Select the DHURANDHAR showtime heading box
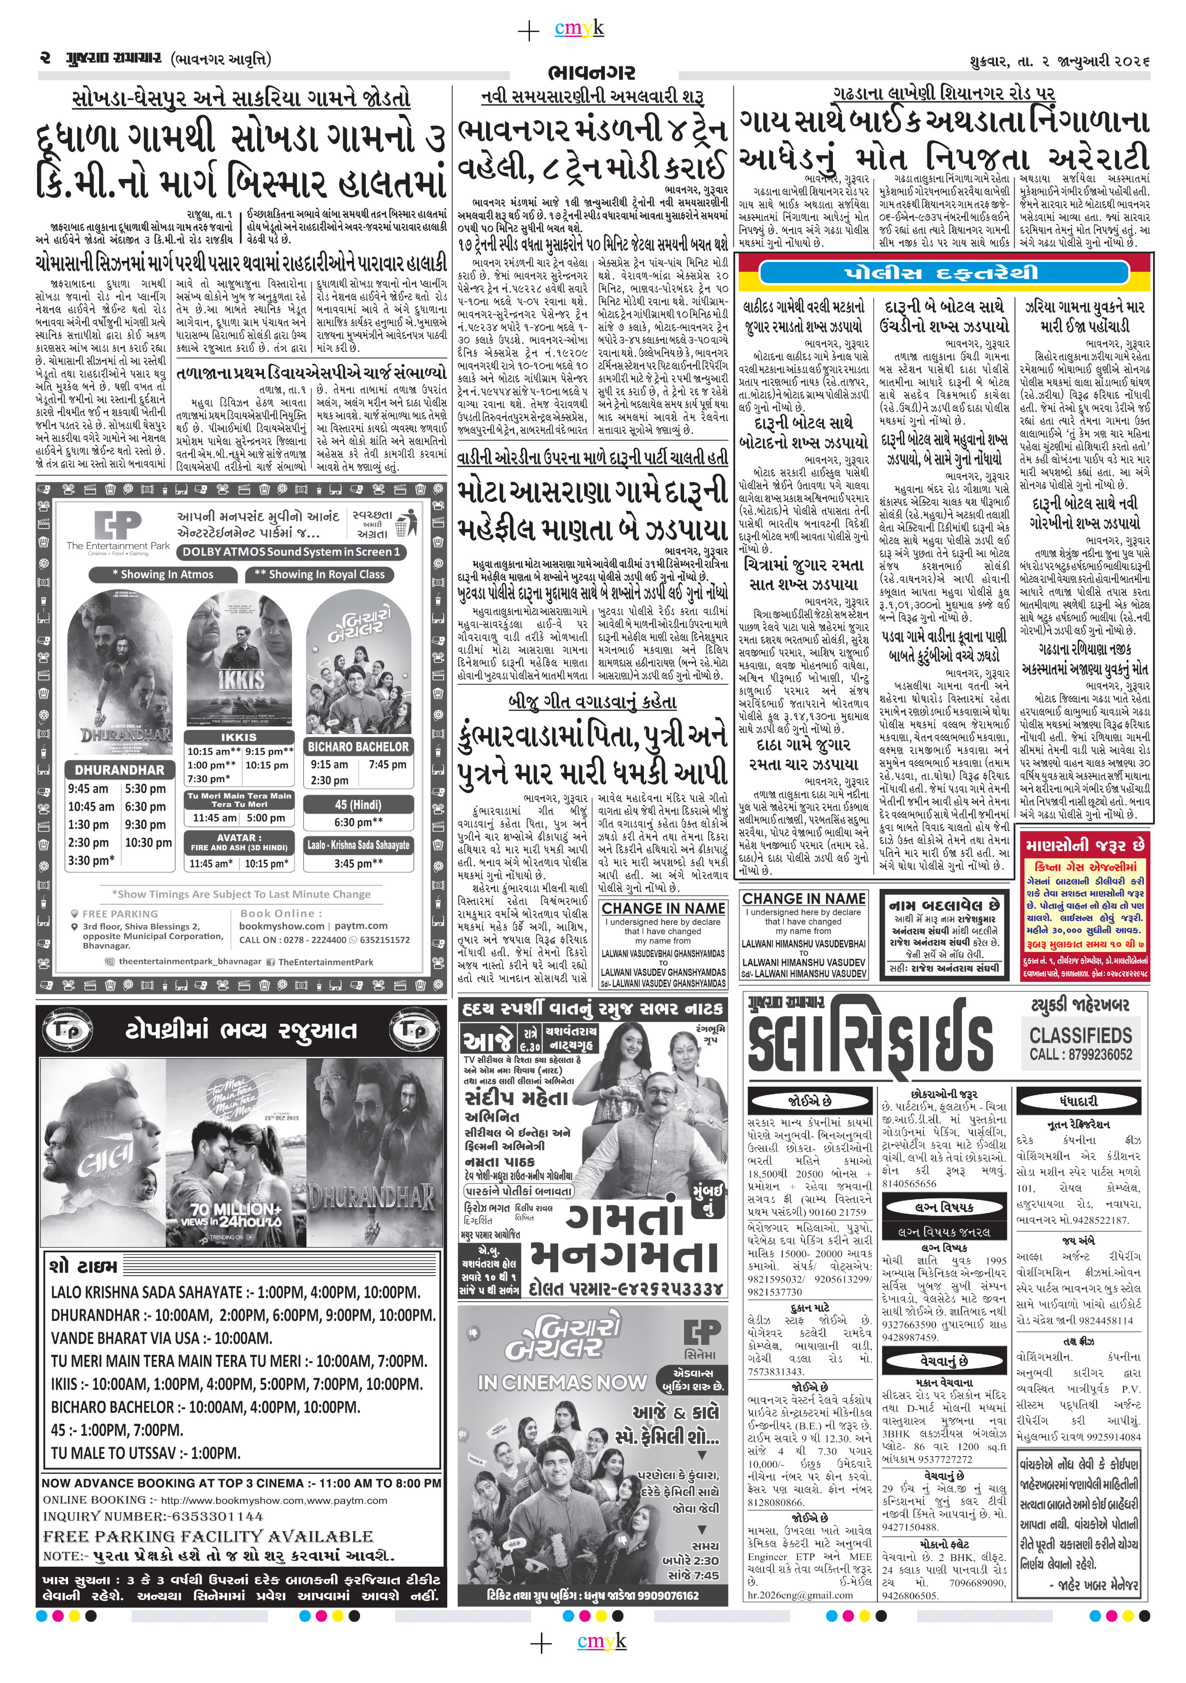tap(119, 770)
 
